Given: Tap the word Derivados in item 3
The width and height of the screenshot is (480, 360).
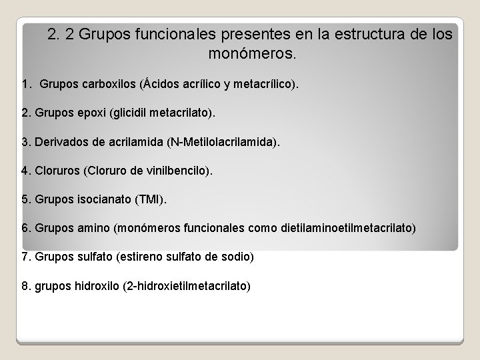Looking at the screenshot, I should tap(59, 143).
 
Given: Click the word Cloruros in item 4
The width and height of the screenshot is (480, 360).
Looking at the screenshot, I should tap(55, 171).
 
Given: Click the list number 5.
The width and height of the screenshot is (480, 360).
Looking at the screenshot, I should tap(25, 200).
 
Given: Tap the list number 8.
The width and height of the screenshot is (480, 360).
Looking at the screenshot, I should tap(25, 286).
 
